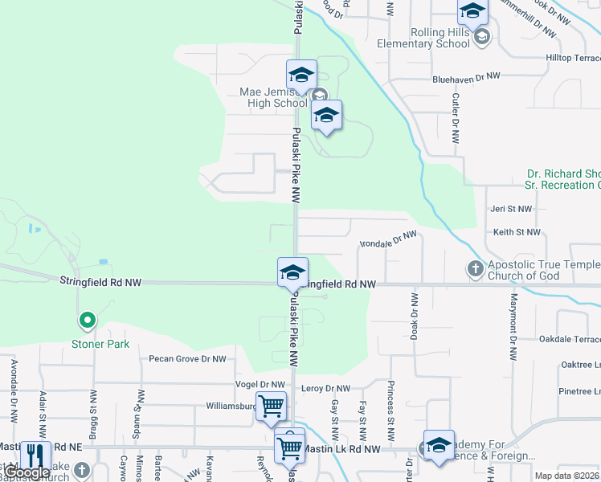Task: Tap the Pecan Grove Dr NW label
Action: pos(187,359)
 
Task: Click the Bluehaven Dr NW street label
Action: pos(466,77)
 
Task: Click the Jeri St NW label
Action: pos(512,209)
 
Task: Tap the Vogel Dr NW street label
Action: pos(260,385)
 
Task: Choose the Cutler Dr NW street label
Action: pos(456,118)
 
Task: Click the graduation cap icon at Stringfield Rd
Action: pos(292,272)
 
